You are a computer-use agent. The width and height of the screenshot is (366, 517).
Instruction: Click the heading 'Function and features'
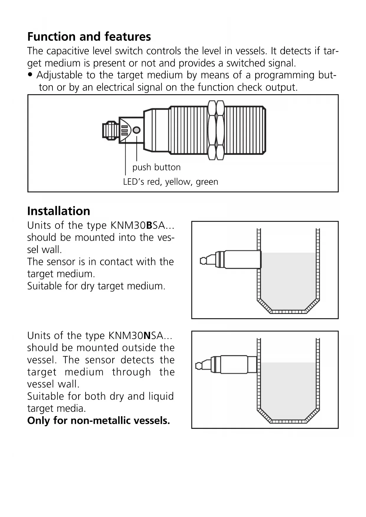tap(89, 37)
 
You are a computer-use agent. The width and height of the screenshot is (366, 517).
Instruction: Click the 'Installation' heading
tap(59, 211)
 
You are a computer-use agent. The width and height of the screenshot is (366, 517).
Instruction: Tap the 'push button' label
tap(156, 167)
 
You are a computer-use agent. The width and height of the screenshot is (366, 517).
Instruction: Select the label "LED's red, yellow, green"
tap(170, 182)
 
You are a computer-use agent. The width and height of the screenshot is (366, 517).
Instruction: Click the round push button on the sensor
tap(137, 130)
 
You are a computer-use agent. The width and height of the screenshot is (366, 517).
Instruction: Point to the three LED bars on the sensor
tap(124, 130)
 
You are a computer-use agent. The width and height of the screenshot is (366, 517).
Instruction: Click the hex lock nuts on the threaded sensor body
tap(216, 130)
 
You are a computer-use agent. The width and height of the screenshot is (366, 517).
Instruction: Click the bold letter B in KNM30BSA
tap(149, 225)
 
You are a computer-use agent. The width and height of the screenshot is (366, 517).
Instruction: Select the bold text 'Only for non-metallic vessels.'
tap(99, 421)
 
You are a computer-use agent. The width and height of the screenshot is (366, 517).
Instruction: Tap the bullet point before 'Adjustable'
tap(30, 75)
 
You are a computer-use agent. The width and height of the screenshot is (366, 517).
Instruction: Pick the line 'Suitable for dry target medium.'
tap(96, 286)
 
